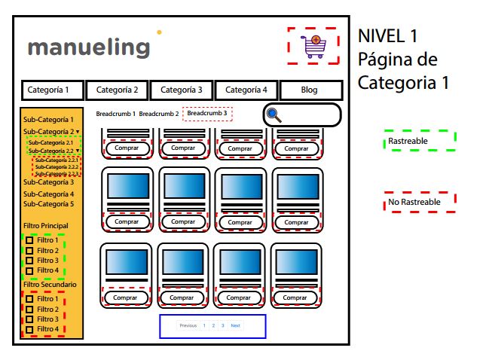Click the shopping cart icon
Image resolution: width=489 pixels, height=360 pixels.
click(x=314, y=45)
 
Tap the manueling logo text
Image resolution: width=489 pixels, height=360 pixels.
click(x=89, y=47)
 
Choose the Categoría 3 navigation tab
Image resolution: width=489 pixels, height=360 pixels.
click(x=182, y=90)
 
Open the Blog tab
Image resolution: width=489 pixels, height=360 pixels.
click(x=310, y=90)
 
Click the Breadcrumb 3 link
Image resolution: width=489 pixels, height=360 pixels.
click(x=207, y=114)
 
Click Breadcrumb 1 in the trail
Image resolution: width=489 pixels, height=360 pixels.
click(x=115, y=114)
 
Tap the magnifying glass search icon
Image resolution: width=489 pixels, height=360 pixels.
click(x=275, y=115)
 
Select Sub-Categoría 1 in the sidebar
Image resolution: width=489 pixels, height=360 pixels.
click(x=48, y=120)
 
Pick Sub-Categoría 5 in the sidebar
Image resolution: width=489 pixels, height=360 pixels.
click(x=48, y=204)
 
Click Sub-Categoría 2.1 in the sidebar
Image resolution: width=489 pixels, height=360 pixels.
click(x=50, y=142)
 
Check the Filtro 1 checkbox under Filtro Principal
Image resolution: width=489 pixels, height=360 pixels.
click(x=29, y=241)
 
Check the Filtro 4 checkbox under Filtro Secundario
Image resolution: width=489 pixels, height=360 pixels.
click(x=29, y=329)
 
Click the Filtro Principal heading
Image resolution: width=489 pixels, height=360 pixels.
click(x=45, y=226)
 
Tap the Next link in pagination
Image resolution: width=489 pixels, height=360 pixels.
click(x=235, y=326)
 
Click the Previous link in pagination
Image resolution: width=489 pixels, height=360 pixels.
click(x=188, y=326)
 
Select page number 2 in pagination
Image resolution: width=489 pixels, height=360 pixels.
click(x=212, y=326)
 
